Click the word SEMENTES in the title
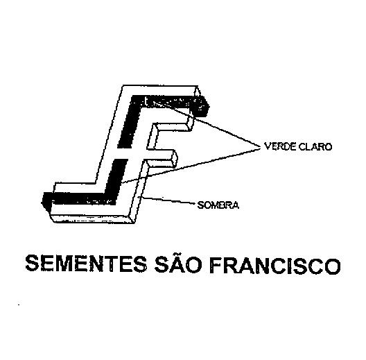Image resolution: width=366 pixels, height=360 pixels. click(86, 264)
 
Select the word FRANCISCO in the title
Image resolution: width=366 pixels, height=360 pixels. click(275, 266)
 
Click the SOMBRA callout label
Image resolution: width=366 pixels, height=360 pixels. click(218, 205)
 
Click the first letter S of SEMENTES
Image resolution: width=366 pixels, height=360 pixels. click(32, 264)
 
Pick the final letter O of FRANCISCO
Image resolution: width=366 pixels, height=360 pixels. click(332, 266)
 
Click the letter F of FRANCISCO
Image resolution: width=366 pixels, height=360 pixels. click(216, 266)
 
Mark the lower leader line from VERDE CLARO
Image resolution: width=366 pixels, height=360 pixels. click(190, 165)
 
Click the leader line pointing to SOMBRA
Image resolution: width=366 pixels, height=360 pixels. click(166, 200)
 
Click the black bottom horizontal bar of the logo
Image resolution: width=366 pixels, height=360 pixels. click(78, 198)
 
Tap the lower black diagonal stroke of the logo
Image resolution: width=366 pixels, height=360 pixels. click(116, 180)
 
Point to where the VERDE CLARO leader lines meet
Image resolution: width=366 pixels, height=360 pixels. click(261, 147)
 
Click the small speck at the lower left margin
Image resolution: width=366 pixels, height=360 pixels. click(19, 305)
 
